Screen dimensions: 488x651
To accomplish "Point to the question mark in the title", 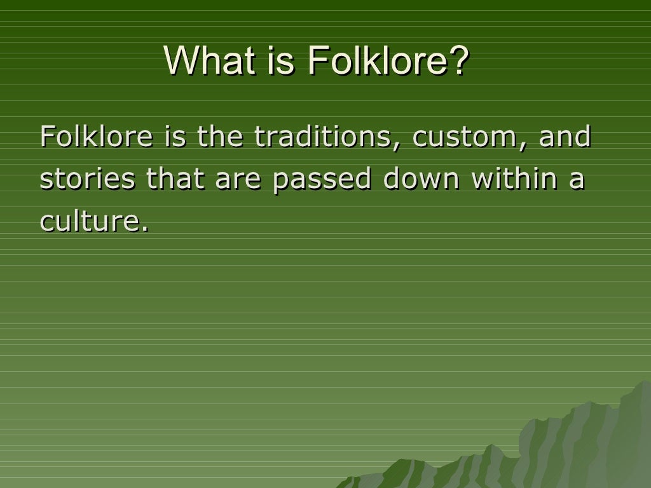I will point(460,60).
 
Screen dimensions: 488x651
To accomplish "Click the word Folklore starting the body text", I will point(96,137).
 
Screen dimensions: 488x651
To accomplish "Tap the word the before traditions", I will point(219,137).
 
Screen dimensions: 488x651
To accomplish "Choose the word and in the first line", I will point(565,137).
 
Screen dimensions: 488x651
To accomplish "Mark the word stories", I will point(87,180).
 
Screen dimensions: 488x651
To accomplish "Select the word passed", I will point(322,180).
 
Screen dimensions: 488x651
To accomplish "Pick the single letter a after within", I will point(576,180).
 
